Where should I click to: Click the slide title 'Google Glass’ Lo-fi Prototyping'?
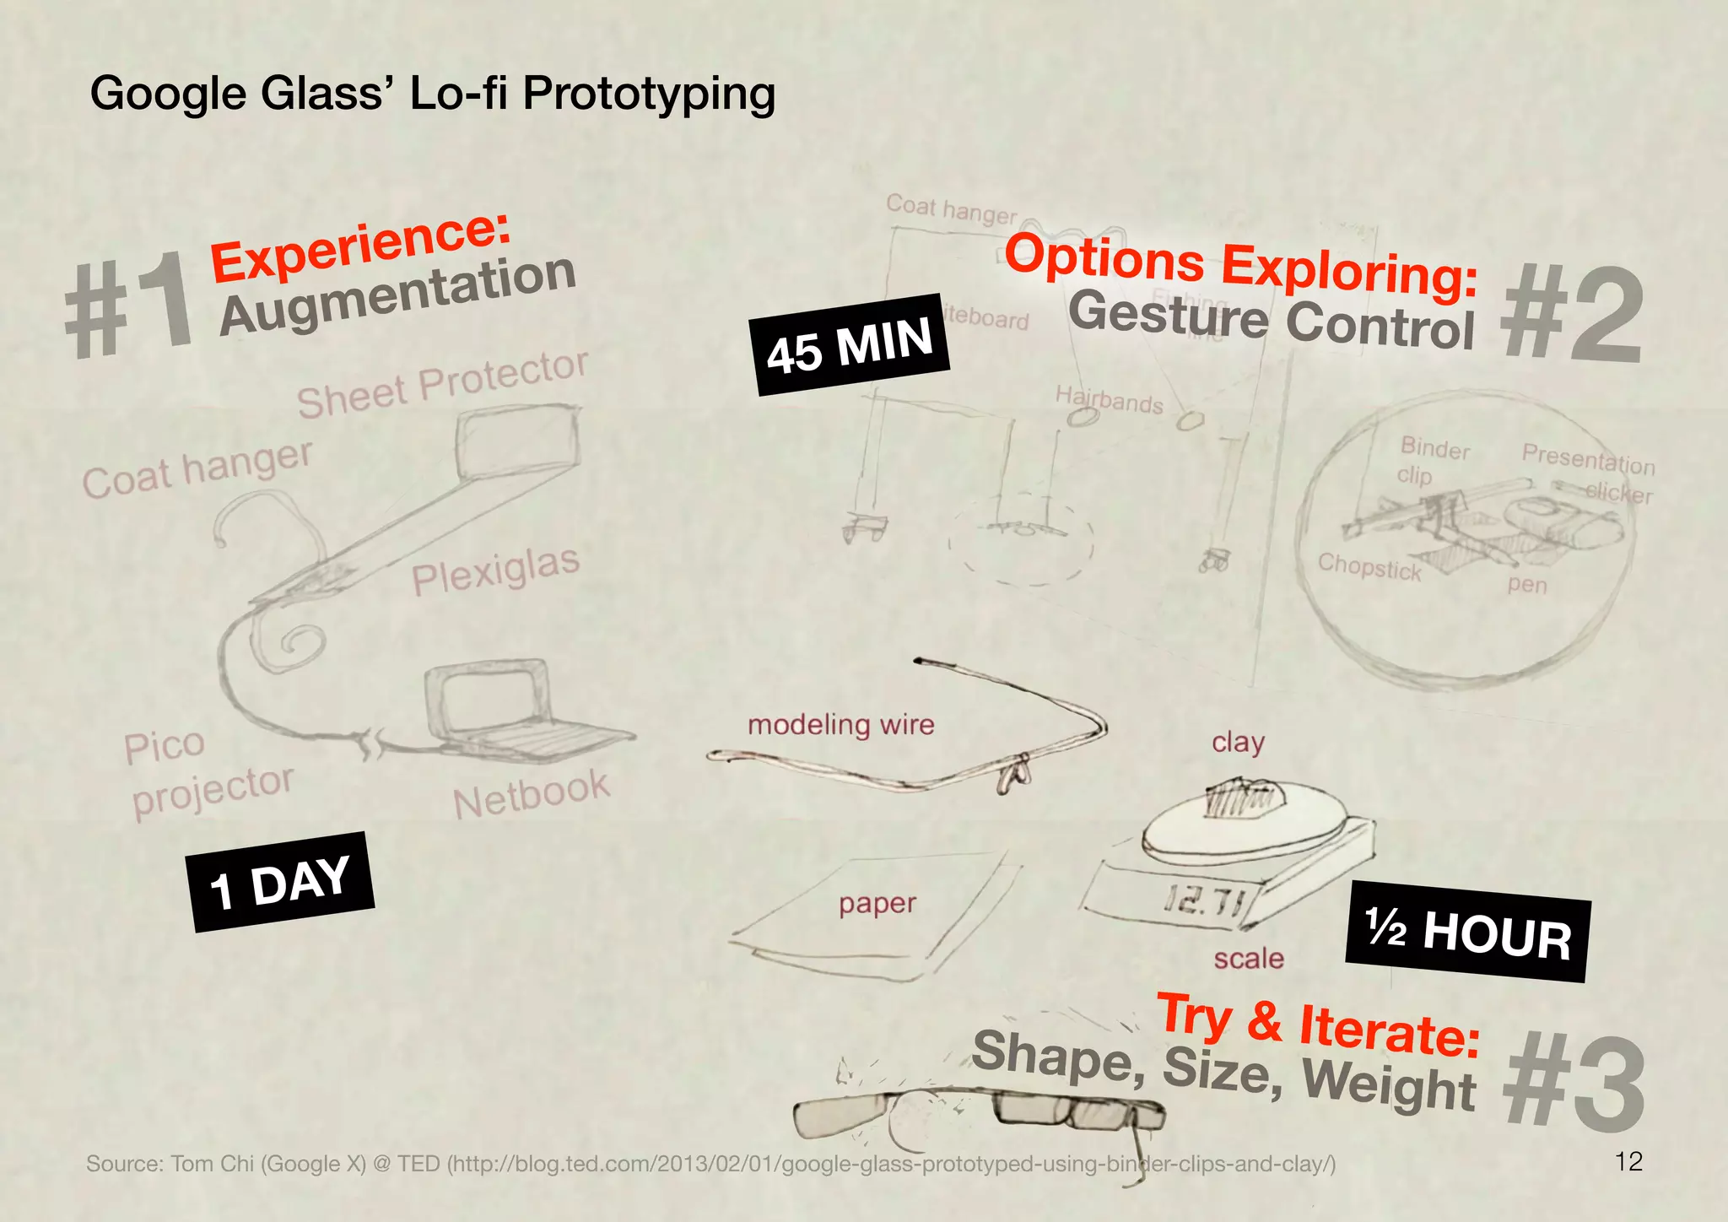[432, 93]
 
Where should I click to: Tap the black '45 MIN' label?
[850, 344]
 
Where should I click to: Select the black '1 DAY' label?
[280, 883]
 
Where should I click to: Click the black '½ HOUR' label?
[1468, 931]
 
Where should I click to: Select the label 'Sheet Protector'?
[442, 384]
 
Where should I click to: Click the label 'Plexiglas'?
[495, 570]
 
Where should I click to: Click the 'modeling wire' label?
[841, 725]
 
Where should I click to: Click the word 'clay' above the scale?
[1238, 743]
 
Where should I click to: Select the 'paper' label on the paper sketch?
[877, 904]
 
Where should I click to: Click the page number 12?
[1628, 1162]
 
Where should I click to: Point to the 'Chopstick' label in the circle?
[1369, 567]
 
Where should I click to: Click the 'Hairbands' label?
[1109, 399]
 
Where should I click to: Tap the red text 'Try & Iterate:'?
[1318, 1026]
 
